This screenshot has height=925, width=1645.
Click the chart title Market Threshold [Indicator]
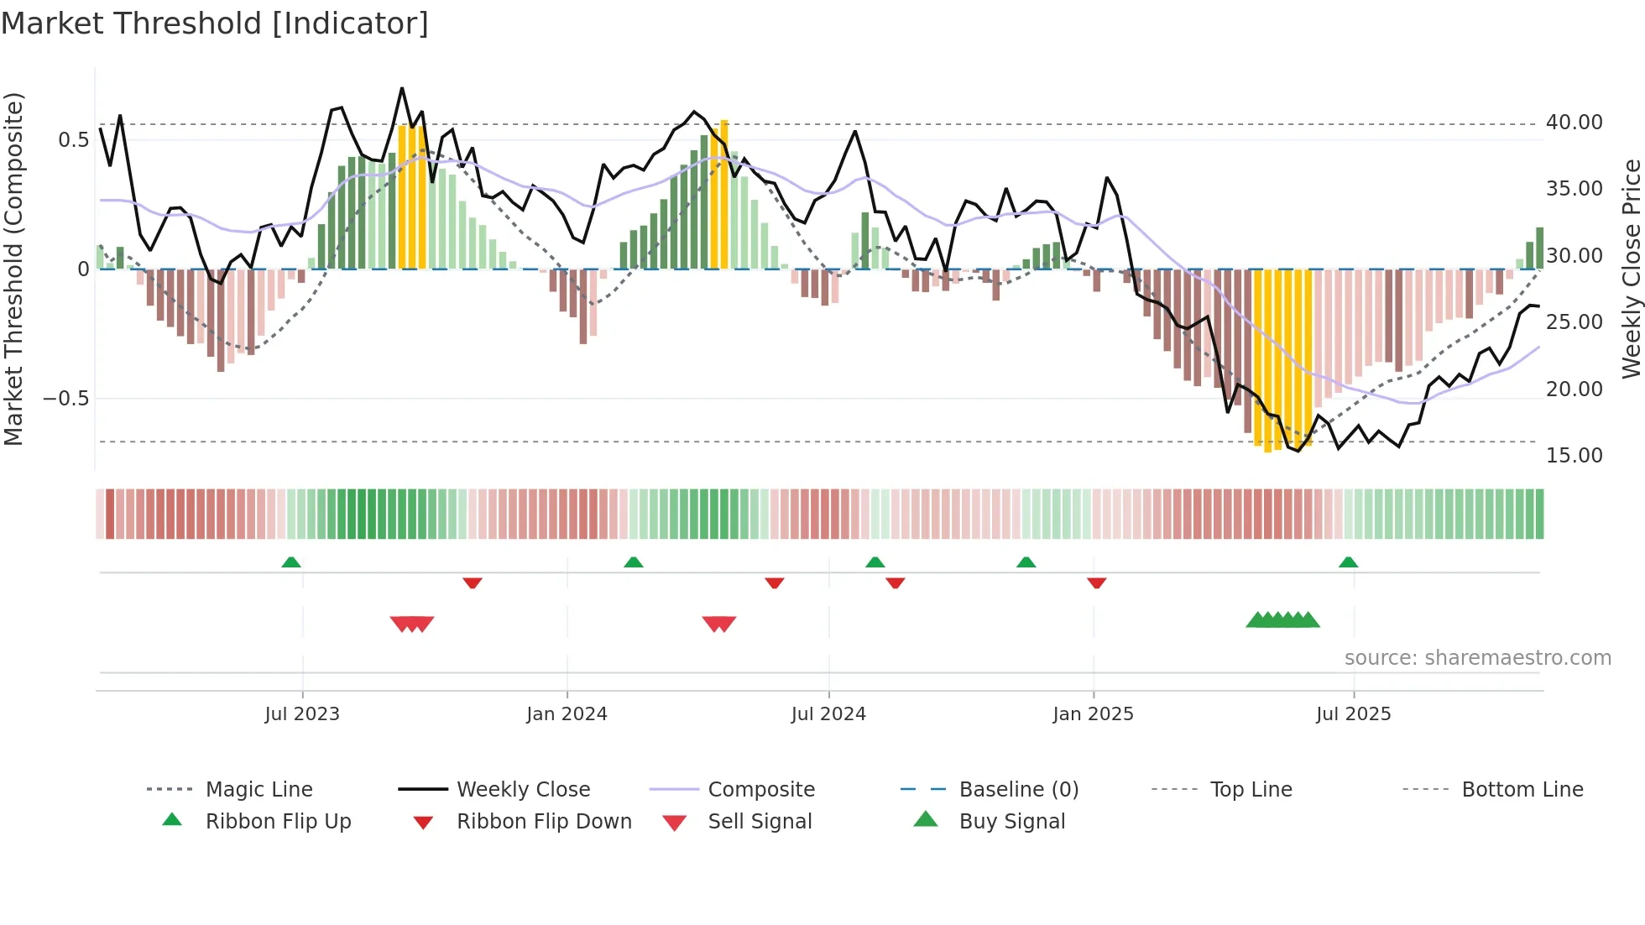coord(215,24)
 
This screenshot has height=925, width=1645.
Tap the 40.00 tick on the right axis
coord(1574,123)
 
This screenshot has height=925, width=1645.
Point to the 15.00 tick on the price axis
coord(1574,456)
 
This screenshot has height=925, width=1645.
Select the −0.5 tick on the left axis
coord(66,399)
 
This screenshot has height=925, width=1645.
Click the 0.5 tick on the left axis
coord(74,140)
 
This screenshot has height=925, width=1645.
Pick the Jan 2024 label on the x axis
coord(567,714)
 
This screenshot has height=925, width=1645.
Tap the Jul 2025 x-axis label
coord(1353,714)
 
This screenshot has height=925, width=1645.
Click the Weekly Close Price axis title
coord(1631,269)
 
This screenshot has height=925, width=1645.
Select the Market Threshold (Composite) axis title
coord(13,269)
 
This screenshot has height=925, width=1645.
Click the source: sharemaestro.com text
coord(1477,658)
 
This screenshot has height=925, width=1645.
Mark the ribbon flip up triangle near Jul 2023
coord(291,562)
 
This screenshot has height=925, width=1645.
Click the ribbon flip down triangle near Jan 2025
coord(1096,583)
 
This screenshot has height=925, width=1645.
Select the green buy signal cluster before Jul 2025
coord(1282,620)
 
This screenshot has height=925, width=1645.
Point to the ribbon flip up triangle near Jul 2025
coord(1348,562)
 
